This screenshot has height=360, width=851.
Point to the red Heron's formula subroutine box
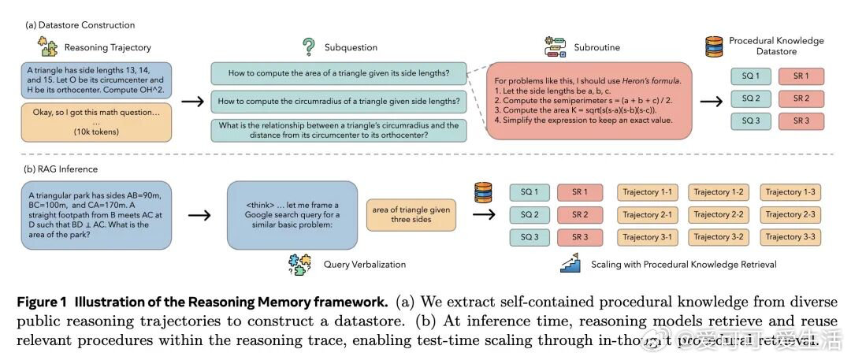tap(585, 99)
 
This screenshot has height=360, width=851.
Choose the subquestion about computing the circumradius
tap(339, 101)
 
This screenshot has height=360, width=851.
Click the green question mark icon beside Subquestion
tap(309, 46)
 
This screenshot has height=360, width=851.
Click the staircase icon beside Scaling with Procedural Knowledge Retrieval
tap(570, 264)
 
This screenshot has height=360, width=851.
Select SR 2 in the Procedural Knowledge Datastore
tap(801, 98)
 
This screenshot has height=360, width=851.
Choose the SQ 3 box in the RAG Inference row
tap(530, 236)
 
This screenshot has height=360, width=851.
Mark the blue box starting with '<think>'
tap(292, 215)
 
